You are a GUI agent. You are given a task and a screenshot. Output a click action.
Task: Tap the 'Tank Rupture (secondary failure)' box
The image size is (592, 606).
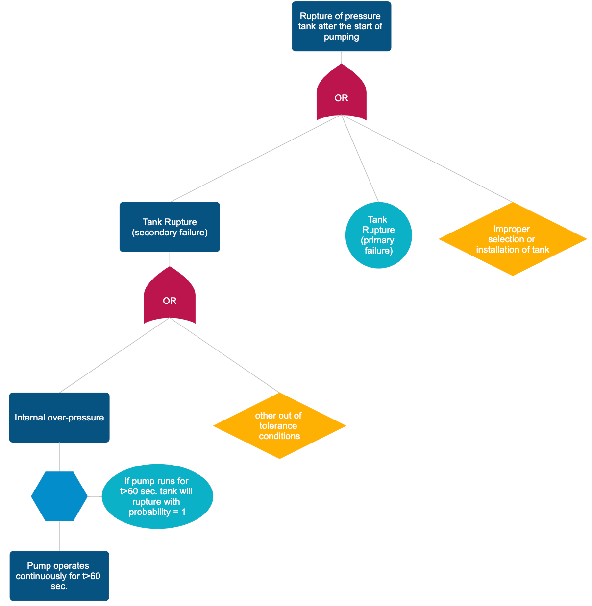[170, 227]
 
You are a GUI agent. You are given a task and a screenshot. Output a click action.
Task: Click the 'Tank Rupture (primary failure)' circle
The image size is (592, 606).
[378, 235]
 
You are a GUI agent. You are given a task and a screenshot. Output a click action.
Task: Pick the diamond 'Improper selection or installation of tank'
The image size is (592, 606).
[513, 239]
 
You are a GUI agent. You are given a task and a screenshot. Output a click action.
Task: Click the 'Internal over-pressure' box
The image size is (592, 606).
[59, 418]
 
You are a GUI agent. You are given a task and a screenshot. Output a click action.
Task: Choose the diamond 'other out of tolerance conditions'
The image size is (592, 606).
[279, 426]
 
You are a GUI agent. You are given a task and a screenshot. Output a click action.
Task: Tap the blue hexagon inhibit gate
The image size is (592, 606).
[59, 496]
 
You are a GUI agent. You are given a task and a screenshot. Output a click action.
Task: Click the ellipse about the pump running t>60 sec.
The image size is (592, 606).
[157, 496]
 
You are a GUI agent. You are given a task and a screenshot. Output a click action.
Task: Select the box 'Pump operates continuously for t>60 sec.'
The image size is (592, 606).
[59, 576]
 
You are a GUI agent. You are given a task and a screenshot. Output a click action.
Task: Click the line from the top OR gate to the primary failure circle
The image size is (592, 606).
[360, 158]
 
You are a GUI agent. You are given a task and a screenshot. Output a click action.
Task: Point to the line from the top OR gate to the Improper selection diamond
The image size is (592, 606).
[426, 158]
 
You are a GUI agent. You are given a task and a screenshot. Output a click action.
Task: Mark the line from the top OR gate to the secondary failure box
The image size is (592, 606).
[255, 158]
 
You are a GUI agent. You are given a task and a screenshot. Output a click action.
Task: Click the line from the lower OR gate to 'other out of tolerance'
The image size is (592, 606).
[224, 355]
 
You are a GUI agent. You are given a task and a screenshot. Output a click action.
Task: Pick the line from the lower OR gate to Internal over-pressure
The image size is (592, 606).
[115, 355]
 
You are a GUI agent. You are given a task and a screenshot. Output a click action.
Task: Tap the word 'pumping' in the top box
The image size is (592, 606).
[341, 37]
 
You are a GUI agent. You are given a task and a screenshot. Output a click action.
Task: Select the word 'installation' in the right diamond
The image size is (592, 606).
[498, 250]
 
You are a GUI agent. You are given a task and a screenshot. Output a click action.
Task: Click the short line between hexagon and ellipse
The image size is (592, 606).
[95, 496]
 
